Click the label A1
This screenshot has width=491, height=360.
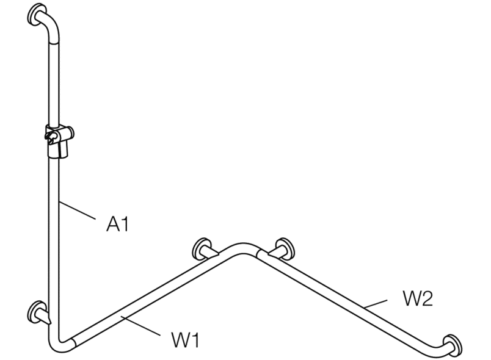click(x=117, y=225)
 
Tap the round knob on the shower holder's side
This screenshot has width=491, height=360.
click(x=71, y=130)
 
